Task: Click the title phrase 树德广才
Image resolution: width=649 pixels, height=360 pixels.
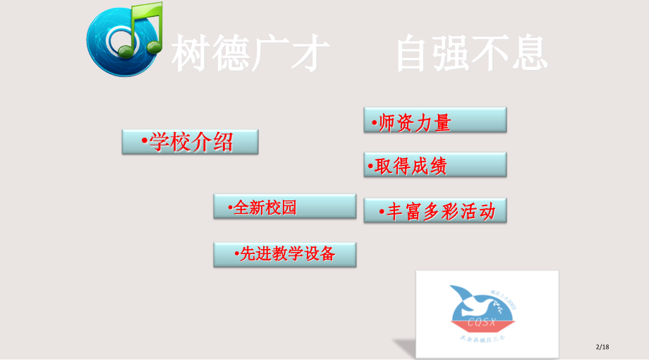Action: (x=251, y=54)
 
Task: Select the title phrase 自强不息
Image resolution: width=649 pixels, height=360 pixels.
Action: (x=471, y=54)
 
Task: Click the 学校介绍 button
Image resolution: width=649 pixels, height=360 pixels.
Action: (x=190, y=142)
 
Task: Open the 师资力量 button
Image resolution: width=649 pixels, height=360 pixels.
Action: (x=435, y=120)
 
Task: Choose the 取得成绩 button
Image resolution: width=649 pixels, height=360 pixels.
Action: (x=435, y=165)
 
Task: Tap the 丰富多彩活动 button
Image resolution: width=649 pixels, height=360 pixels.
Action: (x=435, y=210)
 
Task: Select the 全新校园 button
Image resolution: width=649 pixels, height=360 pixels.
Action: (x=284, y=207)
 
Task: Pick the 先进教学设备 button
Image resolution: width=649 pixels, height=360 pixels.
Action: (x=284, y=254)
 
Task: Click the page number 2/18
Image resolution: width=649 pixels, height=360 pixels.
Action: (x=602, y=347)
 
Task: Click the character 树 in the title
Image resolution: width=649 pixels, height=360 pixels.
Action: (x=192, y=54)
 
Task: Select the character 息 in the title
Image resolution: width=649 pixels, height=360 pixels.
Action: (x=528, y=54)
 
